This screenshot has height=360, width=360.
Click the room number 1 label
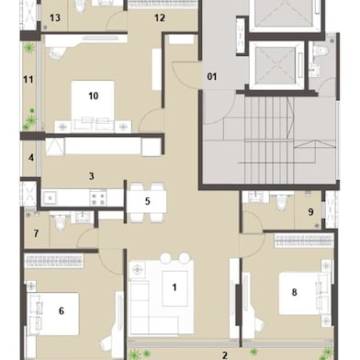pos(174,287)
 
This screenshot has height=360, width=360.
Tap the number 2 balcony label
pos(224,353)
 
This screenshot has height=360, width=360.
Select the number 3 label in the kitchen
pos(91,174)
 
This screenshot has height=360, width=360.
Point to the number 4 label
pos(31,158)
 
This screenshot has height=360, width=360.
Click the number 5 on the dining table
pos(147,201)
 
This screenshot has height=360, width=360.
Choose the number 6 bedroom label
pos(61,310)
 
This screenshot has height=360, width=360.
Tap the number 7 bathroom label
pos(36,234)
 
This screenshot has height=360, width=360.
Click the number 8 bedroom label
pos(294,293)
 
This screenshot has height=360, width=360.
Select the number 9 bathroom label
pos(311,212)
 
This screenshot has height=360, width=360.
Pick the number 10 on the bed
pos(93,95)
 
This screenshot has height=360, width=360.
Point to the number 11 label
pos(28,80)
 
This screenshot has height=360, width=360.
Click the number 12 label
pos(159,17)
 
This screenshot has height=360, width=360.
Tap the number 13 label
pos(55,17)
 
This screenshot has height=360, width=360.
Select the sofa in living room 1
pos(147,308)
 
